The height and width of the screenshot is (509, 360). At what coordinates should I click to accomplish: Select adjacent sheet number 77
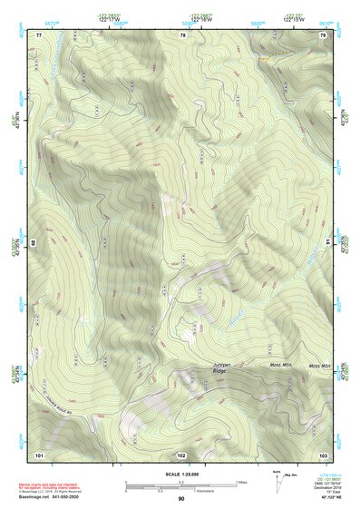(x=39, y=34)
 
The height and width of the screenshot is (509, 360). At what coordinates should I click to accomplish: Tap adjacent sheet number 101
(x=39, y=454)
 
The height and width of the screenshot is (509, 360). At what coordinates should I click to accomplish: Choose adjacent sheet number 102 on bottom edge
(x=181, y=454)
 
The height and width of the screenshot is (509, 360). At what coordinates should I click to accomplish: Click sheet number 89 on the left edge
(x=34, y=244)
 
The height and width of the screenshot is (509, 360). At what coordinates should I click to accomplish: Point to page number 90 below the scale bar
(x=181, y=499)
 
